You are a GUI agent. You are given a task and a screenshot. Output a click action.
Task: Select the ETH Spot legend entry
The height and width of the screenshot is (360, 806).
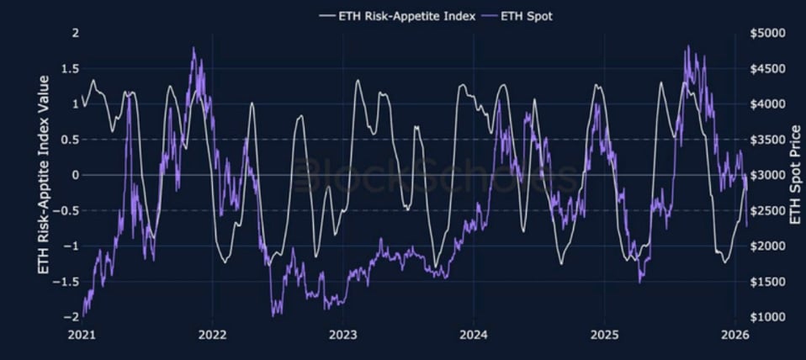tap(526, 16)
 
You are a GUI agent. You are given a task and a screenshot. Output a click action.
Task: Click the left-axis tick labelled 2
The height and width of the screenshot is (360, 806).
tap(75, 33)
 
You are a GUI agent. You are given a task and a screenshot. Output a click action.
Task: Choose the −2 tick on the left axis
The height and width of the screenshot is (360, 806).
tap(72, 316)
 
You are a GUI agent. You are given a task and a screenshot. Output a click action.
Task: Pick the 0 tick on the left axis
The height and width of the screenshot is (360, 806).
tap(75, 175)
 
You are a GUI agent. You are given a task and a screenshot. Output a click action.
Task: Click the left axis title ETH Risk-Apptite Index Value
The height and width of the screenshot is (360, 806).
tap(44, 174)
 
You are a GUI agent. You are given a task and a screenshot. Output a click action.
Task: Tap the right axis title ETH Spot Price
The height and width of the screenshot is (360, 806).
tap(795, 175)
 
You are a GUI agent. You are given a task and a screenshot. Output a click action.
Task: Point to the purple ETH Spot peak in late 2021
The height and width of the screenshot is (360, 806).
tap(194, 49)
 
